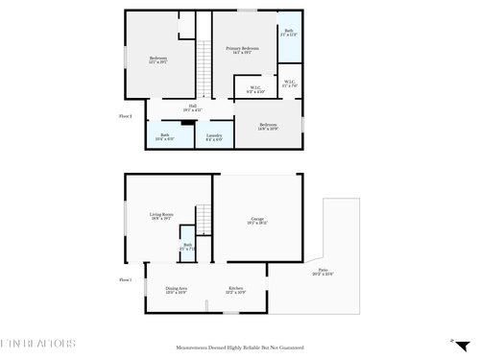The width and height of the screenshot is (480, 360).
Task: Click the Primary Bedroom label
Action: click(x=242, y=50)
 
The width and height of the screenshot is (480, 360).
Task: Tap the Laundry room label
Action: click(x=214, y=137)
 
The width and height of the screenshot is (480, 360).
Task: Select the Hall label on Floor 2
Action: click(x=192, y=108)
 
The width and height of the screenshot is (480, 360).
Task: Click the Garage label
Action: click(x=257, y=222)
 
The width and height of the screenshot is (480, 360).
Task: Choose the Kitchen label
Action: click(x=235, y=290)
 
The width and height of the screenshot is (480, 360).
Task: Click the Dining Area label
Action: click(x=176, y=290)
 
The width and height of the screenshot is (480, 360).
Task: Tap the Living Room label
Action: click(x=160, y=216)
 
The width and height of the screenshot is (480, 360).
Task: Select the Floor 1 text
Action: click(x=125, y=279)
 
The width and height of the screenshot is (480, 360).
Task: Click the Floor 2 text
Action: click(x=111, y=116)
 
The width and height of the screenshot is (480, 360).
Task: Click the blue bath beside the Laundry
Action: click(x=165, y=135)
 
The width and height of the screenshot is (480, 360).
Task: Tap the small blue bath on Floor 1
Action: click(x=188, y=248)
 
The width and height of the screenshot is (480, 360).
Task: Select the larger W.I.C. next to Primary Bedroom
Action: click(x=255, y=90)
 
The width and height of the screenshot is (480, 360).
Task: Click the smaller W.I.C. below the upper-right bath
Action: click(x=289, y=83)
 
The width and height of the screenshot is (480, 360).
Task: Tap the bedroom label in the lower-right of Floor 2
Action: click(x=269, y=127)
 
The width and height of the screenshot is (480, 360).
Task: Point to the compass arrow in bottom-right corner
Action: click(x=452, y=340)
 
